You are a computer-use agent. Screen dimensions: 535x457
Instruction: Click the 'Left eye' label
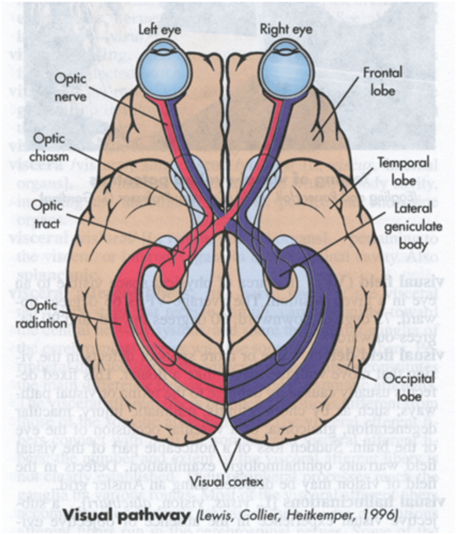tap(159, 30)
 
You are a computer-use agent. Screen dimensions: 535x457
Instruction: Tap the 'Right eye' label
tap(287, 30)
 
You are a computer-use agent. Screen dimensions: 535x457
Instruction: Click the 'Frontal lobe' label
tap(382, 81)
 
